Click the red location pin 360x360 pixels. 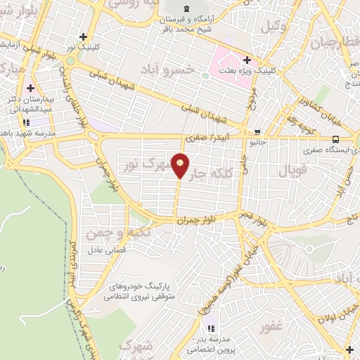tap(181, 165)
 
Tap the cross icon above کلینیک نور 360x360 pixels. tap(84, 36)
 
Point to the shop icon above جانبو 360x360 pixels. tap(258, 131)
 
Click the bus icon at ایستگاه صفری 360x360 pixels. tap(336, 139)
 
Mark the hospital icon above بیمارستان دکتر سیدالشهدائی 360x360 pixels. tap(30, 90)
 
